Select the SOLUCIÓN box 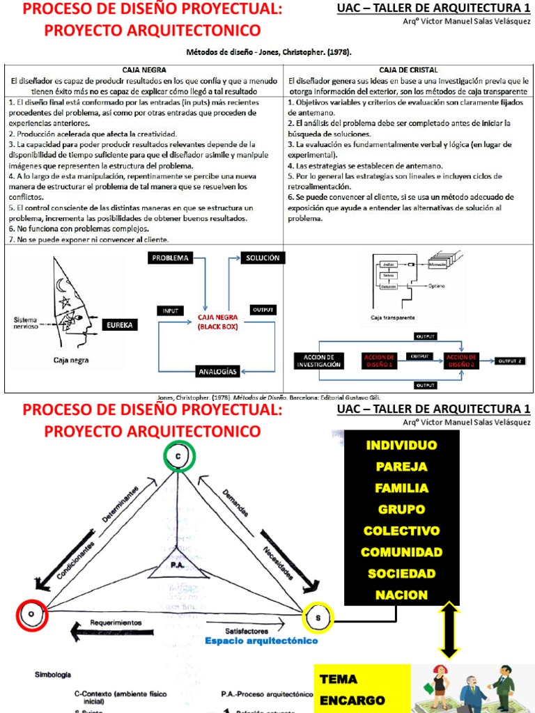[x=262, y=258]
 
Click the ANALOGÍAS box [x=218, y=370]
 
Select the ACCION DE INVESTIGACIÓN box [x=319, y=361]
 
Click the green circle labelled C [x=180, y=456]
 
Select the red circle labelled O [x=31, y=615]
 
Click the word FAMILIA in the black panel [x=401, y=488]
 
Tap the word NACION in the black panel [x=401, y=595]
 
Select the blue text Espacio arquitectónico [x=262, y=641]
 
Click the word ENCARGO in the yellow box [x=352, y=700]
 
